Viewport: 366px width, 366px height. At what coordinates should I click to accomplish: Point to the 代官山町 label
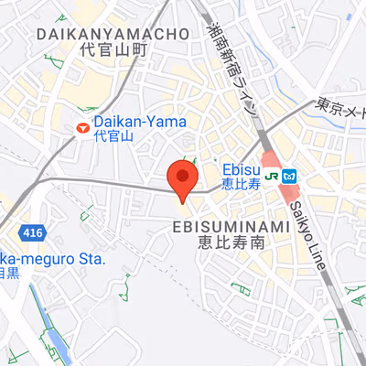[x=113, y=50]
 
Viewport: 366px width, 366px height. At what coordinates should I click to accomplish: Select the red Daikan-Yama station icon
[x=82, y=127]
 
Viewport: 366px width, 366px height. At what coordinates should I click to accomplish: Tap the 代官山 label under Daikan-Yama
[x=108, y=137]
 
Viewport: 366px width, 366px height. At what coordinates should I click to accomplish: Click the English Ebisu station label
[x=239, y=168]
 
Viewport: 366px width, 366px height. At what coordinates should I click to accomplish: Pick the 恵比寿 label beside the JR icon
[x=241, y=183]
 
